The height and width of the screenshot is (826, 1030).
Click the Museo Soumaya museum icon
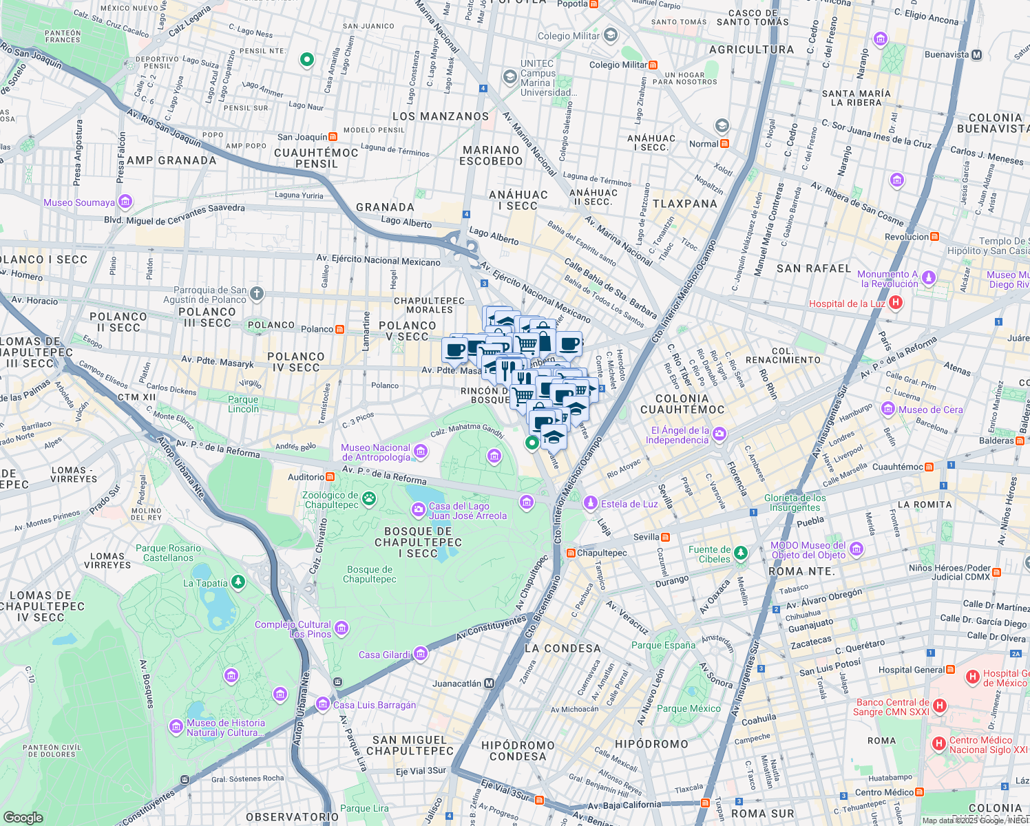click(x=125, y=202)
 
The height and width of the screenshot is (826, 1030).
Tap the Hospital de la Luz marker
click(x=895, y=302)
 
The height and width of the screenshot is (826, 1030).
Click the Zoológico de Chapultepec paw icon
click(x=370, y=498)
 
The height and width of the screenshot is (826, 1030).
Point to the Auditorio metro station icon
click(x=330, y=476)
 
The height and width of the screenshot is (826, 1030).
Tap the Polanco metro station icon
click(x=339, y=329)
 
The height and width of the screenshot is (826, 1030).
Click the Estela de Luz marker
click(x=590, y=503)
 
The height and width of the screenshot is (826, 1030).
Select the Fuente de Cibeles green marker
click(x=740, y=552)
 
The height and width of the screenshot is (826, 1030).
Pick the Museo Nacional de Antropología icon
click(x=421, y=452)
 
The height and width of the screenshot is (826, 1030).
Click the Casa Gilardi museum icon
click(x=421, y=654)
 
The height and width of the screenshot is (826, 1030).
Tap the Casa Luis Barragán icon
click(x=323, y=703)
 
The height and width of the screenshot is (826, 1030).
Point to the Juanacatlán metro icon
click(x=489, y=684)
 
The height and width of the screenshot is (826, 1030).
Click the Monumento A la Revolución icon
click(x=929, y=277)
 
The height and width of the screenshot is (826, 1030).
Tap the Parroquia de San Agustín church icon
click(x=256, y=294)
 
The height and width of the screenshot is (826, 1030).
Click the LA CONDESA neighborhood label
click(x=563, y=648)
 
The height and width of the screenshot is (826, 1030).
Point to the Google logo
click(x=23, y=817)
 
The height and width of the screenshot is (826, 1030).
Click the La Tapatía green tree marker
click(x=238, y=582)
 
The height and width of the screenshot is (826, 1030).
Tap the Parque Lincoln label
click(x=243, y=404)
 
